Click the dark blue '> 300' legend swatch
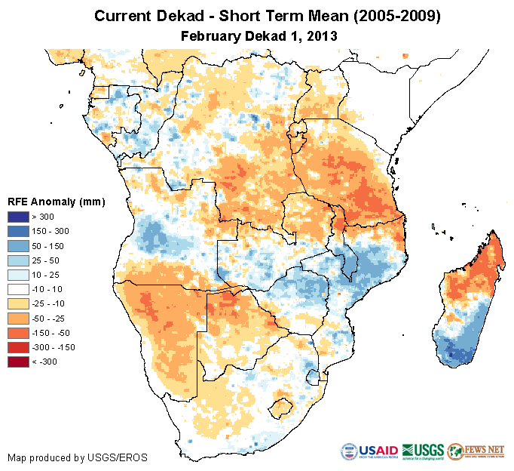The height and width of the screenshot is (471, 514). coord(20,217)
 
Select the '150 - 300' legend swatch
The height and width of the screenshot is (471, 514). coord(20,232)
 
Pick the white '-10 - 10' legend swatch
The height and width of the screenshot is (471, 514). coord(20,289)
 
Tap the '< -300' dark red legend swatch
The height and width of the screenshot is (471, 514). coord(20,362)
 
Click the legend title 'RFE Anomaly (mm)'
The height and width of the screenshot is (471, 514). coord(56,202)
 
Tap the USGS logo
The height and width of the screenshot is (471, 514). coord(423,451)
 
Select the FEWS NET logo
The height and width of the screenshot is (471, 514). coord(477,451)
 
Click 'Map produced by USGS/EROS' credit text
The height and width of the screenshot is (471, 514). coord(78,457)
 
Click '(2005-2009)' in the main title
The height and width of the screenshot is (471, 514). coord(385,16)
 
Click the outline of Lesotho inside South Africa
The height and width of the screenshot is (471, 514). coord(284,408)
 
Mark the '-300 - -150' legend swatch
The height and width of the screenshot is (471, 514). coord(20,347)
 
